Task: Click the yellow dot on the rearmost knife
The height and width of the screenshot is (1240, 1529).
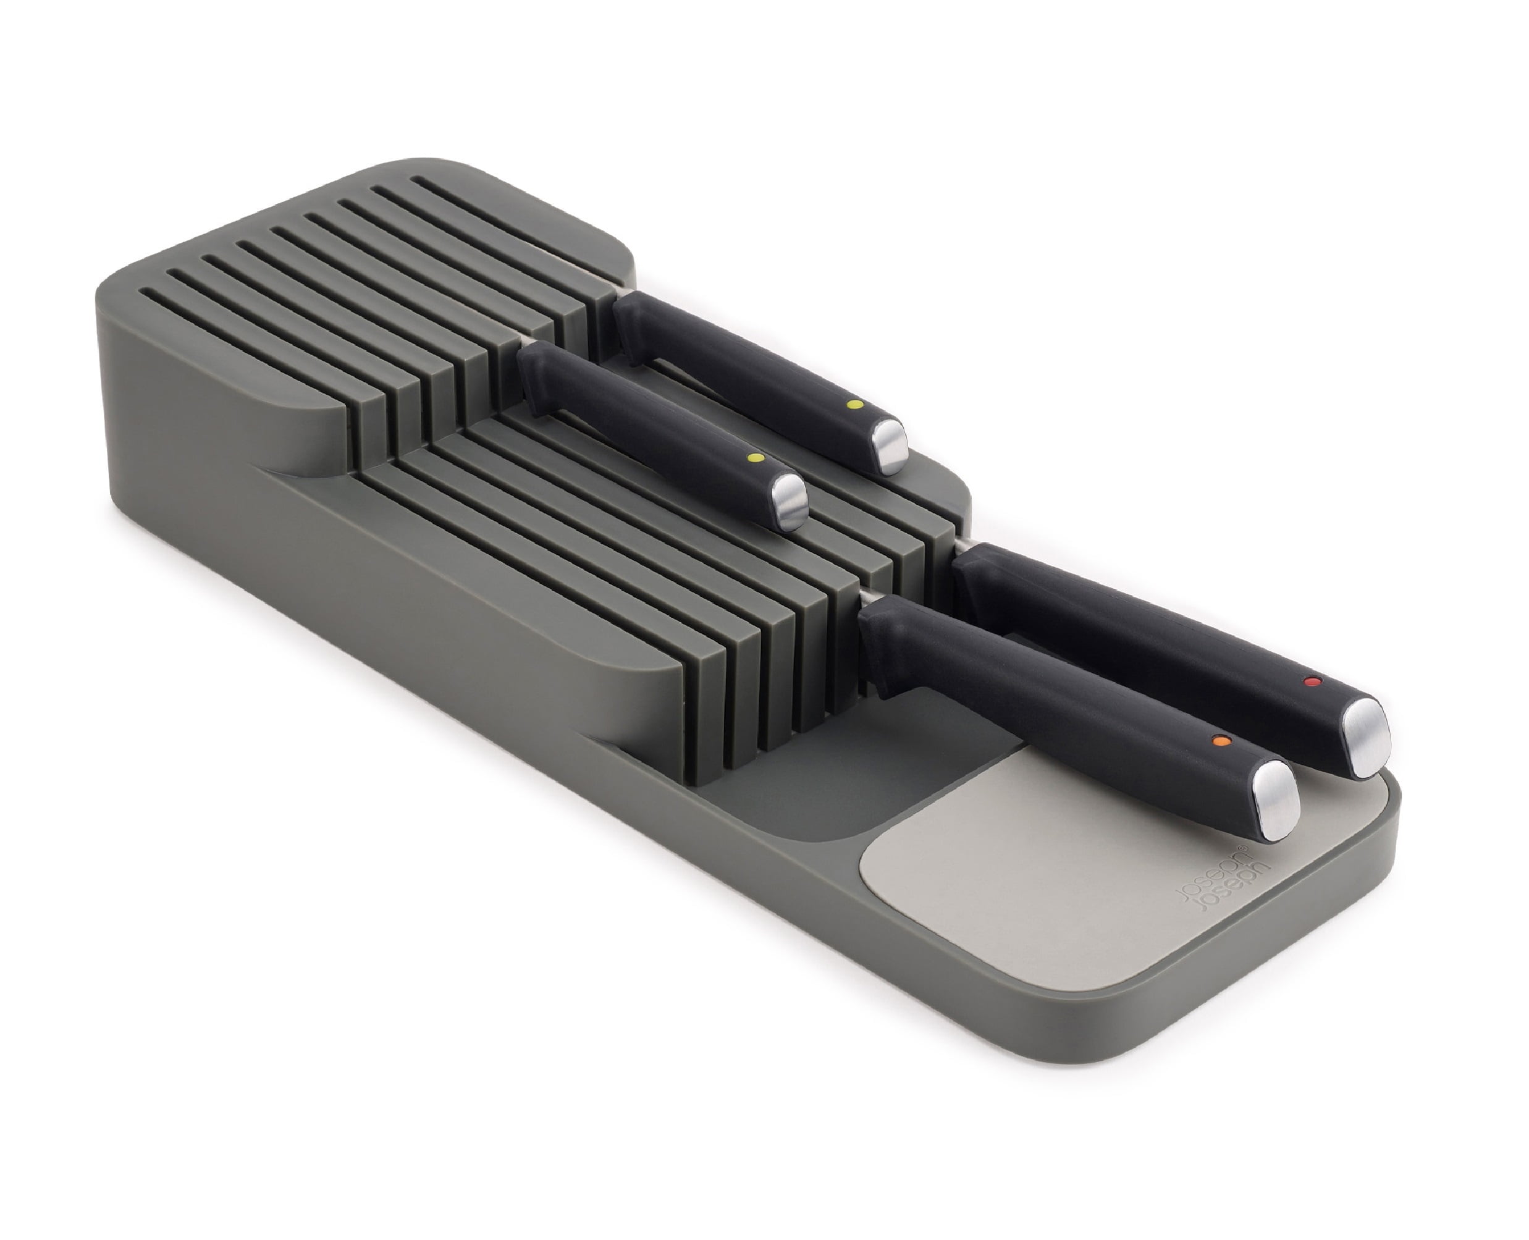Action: tap(851, 405)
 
